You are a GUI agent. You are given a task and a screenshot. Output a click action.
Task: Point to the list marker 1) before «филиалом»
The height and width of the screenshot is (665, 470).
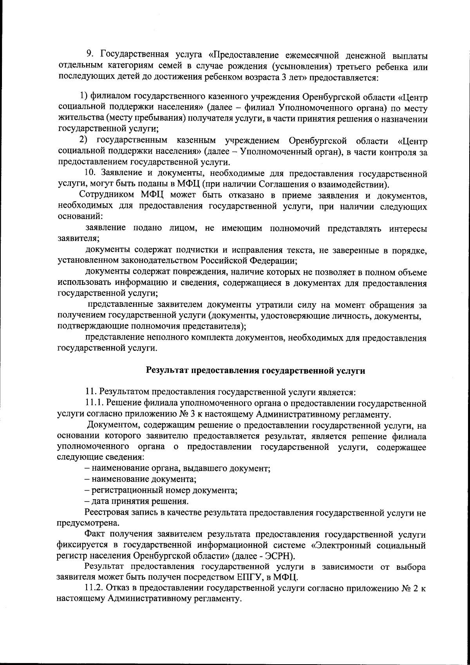pyautogui.click(x=84, y=96)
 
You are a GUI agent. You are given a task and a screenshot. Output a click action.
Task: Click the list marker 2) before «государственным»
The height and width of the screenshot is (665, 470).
pyautogui.click(x=83, y=140)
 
